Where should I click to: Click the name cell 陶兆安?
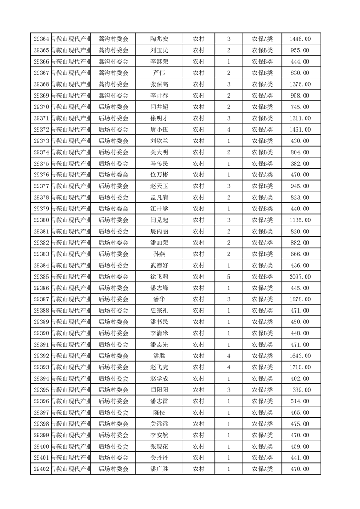[x=159, y=39]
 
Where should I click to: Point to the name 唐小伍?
[x=159, y=130]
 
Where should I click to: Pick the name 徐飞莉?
[x=159, y=277]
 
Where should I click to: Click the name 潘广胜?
[x=159, y=469]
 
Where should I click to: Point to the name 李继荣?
[x=159, y=62]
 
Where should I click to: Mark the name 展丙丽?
[x=159, y=231]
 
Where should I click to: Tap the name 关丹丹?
[x=159, y=458]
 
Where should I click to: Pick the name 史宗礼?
[x=159, y=311]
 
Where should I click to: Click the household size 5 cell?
[x=228, y=277]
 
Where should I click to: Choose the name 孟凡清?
[x=159, y=197]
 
